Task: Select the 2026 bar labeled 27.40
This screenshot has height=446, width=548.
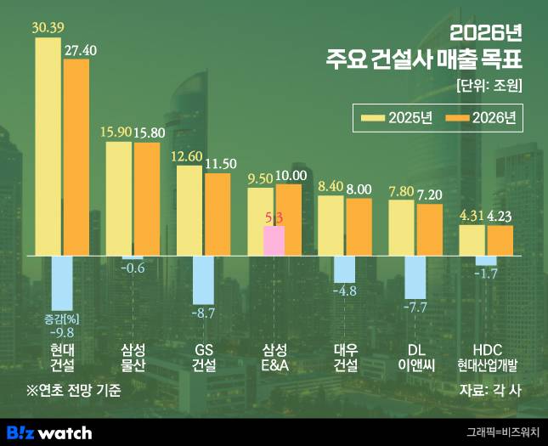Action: pos(76,157)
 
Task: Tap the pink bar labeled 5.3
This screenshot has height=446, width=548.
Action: pos(274,240)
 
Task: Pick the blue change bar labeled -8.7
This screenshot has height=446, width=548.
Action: pos(203,279)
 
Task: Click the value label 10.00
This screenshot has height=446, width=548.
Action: pos(291,176)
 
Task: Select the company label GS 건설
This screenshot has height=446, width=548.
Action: pos(204,357)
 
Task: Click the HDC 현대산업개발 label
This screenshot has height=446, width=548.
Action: pos(487,357)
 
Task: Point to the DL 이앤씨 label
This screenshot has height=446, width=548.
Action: pos(415,357)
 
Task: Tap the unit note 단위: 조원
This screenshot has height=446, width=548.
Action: pos(488,86)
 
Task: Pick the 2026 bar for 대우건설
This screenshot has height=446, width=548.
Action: pos(359,226)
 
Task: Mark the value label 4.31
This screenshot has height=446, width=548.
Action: pos(472,216)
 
